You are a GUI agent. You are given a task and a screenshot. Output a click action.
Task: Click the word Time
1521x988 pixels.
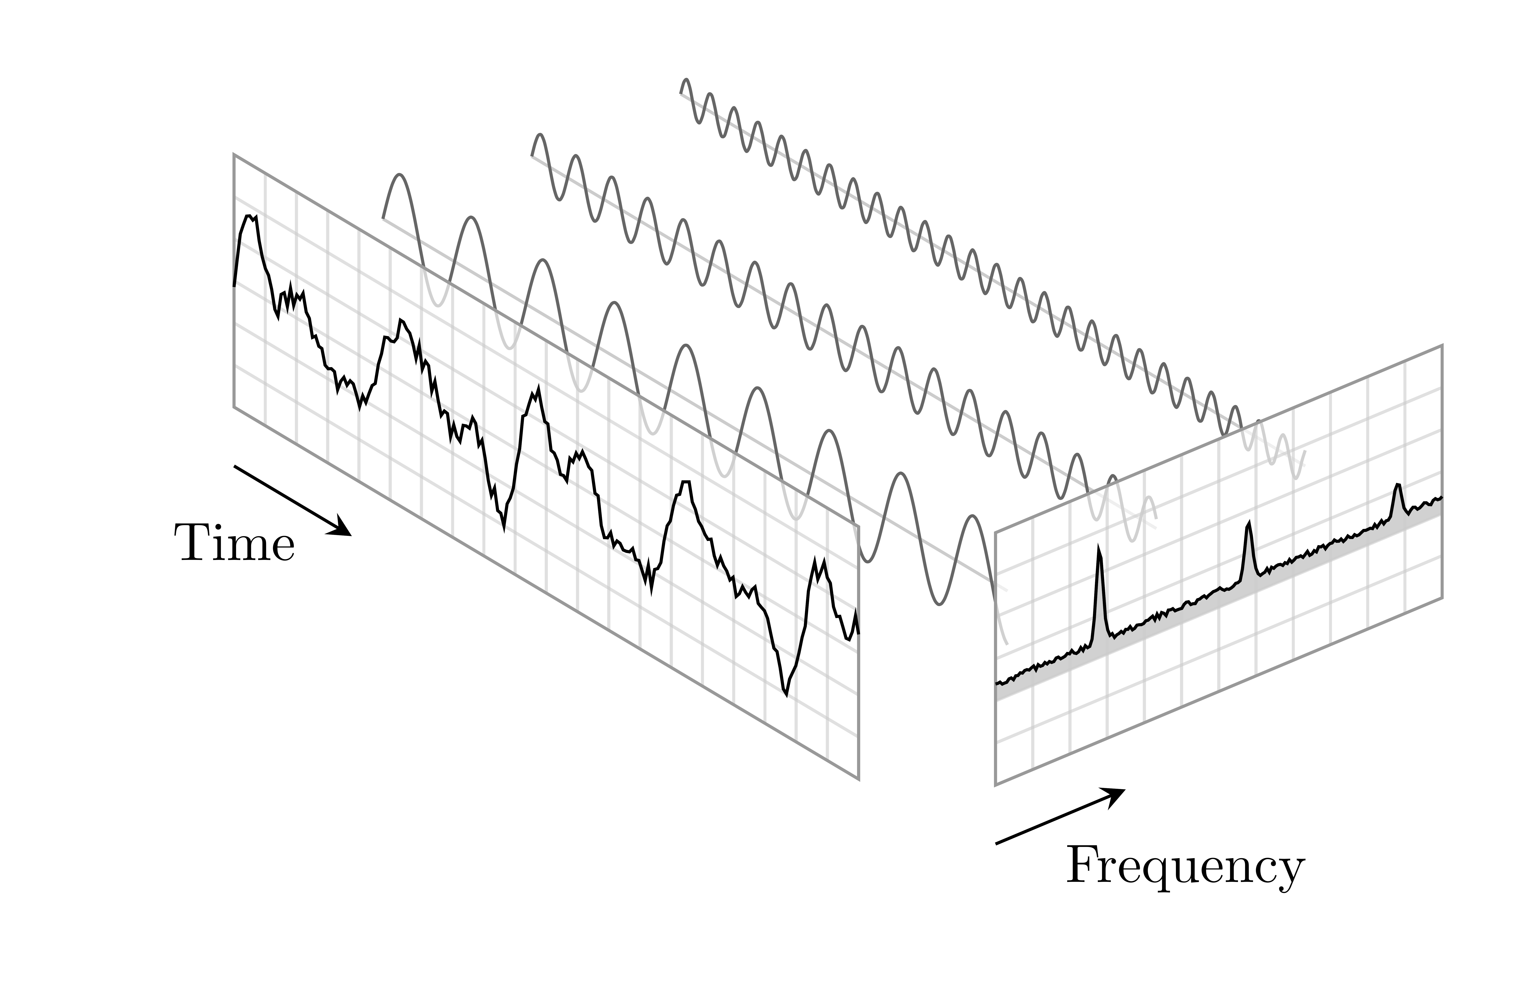click(235, 544)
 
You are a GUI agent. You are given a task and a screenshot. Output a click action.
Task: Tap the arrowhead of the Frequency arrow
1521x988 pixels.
click(1115, 796)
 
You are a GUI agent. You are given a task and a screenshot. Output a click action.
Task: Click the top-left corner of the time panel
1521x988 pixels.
click(234, 155)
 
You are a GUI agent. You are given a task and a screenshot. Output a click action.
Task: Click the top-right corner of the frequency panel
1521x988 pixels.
click(1442, 346)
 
